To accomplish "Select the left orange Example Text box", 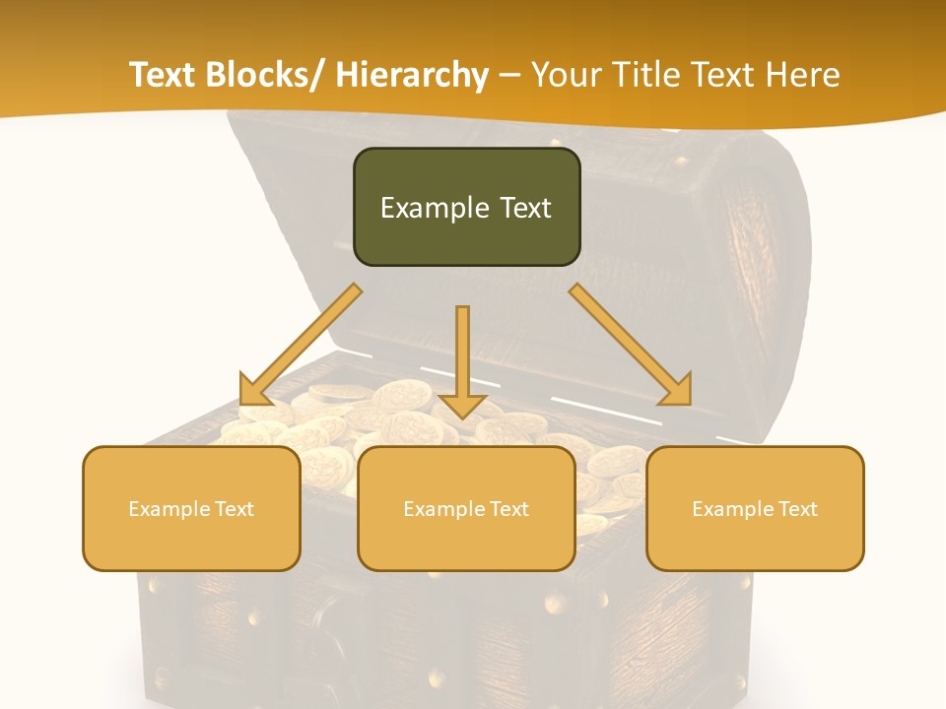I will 191,508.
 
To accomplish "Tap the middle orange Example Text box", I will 466,508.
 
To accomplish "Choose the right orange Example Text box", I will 755,508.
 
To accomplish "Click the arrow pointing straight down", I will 462,354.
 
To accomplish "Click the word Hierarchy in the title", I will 412,75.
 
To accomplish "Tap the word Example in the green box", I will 435,208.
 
